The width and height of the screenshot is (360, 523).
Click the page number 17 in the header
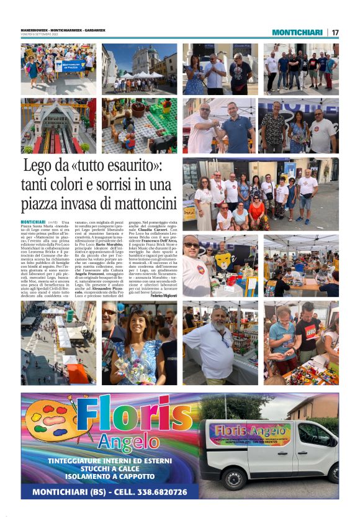[335, 32]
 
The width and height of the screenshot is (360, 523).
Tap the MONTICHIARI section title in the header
[297, 32]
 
